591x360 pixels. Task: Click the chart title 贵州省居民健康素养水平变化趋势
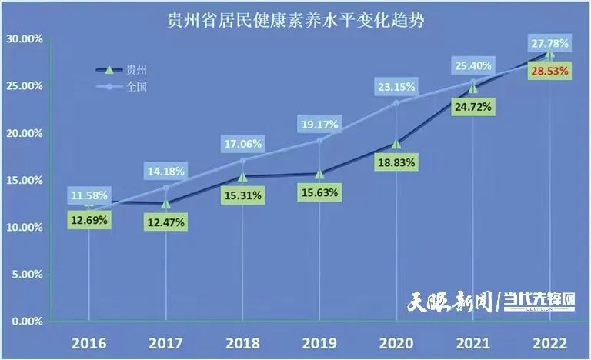296,18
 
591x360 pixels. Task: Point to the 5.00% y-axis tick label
25,274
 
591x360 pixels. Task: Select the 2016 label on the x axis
89,342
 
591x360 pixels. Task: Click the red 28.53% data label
549,71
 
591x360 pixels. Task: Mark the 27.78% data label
549,43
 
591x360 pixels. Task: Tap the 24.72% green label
472,108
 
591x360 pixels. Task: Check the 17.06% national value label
242,143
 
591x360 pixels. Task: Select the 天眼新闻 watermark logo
449,301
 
